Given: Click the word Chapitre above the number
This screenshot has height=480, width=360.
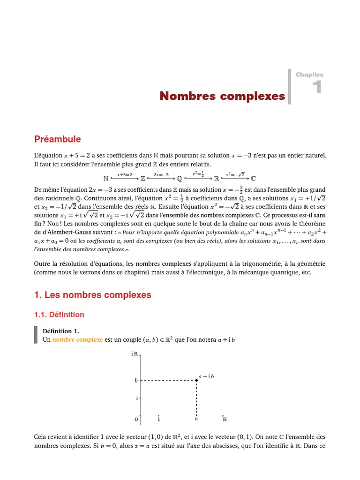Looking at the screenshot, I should click(x=309, y=75).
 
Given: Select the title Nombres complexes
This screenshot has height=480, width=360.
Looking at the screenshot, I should click(x=222, y=96).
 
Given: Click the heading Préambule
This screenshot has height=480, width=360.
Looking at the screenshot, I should click(x=57, y=139).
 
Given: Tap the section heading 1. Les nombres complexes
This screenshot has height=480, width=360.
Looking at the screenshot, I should click(x=92, y=295).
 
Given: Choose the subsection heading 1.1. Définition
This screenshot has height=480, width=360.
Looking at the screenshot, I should click(x=59, y=315).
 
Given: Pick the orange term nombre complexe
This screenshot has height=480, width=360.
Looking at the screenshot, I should click(x=77, y=339).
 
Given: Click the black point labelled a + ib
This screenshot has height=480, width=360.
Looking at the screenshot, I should click(x=196, y=380).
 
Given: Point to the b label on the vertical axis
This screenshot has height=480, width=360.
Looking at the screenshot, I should click(x=136, y=381).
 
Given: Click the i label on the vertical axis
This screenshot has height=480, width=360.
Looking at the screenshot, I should click(x=136, y=398).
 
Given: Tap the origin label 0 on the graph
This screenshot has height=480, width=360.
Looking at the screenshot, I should click(x=136, y=419).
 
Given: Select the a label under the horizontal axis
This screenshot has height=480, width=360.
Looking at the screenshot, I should click(x=196, y=419).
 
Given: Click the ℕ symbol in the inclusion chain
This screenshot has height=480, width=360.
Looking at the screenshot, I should click(x=105, y=179).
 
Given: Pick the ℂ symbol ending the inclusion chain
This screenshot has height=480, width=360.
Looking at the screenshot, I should click(x=254, y=179).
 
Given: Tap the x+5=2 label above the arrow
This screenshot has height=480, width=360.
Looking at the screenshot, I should click(x=124, y=174).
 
